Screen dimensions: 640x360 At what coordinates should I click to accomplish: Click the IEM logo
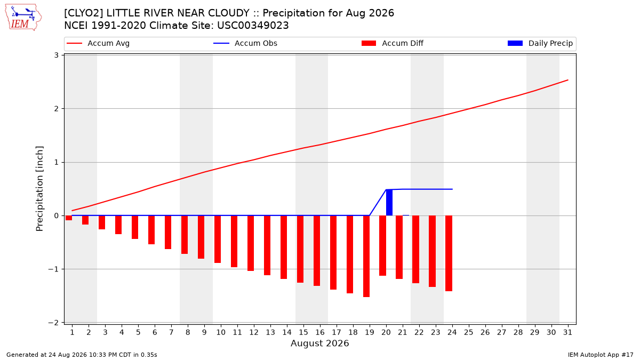point(23,18)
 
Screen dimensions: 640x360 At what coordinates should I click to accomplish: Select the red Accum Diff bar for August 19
point(366,257)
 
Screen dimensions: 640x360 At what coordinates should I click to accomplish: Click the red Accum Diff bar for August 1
point(69,218)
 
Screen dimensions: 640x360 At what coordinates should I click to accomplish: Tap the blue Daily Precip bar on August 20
point(389,202)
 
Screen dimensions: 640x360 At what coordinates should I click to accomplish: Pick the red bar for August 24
point(449,253)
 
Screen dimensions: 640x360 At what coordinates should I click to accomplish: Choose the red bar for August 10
point(218,239)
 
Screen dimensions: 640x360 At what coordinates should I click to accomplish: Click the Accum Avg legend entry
point(98,43)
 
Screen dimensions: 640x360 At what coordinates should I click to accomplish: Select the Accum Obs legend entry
point(245,43)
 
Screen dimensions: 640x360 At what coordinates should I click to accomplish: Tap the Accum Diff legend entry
point(393,43)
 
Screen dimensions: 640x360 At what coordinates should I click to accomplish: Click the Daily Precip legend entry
point(540,43)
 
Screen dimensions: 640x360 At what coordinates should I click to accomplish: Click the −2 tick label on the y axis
point(53,323)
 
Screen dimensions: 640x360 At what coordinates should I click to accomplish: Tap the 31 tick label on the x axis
point(567,332)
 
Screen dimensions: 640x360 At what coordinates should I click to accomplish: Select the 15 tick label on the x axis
point(303,332)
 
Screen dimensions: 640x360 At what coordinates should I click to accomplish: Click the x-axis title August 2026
point(319,343)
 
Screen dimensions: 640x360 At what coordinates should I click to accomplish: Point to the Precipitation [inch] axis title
point(39,189)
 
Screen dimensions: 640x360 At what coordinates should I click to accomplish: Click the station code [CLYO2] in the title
point(84,13)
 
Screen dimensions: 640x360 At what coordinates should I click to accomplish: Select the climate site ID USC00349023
point(253,26)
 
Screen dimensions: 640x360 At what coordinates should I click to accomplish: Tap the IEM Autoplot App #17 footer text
point(601,355)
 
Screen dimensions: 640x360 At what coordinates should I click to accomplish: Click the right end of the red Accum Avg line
point(568,80)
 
